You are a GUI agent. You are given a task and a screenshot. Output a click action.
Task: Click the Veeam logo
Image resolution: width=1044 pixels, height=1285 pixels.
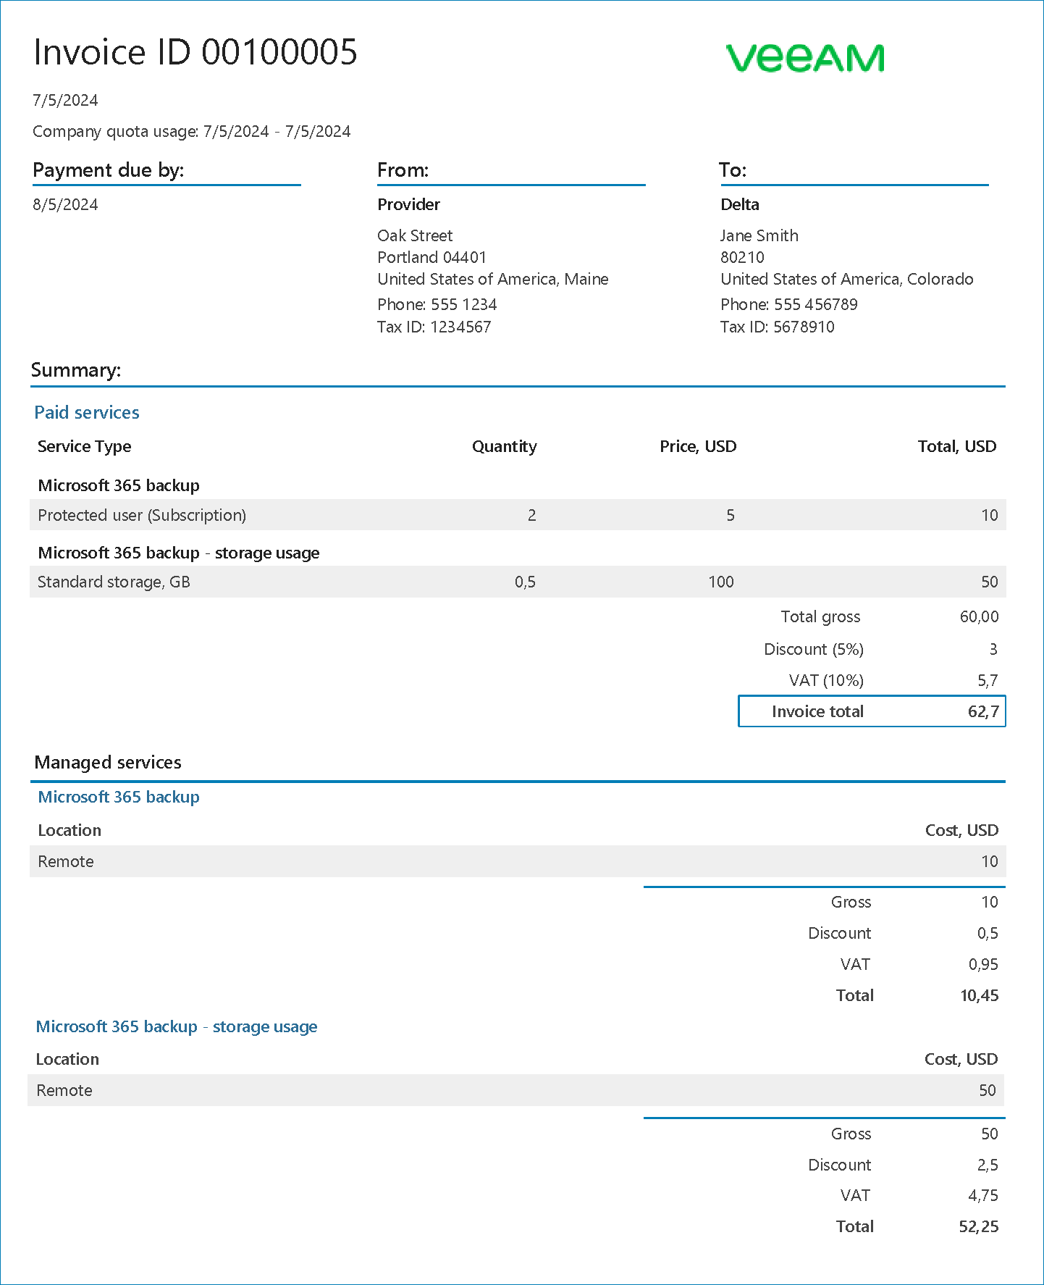[804, 58]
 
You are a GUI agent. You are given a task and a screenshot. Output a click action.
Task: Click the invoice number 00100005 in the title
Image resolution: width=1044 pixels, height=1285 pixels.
[279, 52]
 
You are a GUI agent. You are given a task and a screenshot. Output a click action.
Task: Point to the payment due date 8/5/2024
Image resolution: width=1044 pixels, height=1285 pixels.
[65, 204]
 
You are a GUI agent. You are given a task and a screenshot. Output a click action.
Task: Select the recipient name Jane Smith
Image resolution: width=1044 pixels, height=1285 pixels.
[759, 235]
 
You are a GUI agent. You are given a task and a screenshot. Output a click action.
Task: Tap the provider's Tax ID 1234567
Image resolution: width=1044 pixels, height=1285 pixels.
[460, 327]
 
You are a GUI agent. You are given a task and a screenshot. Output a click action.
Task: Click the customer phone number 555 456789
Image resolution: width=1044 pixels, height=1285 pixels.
[815, 304]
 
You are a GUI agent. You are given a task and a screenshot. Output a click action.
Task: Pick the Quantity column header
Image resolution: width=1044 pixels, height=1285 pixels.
[504, 446]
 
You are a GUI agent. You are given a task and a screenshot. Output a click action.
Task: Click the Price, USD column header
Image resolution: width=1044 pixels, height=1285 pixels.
[697, 446]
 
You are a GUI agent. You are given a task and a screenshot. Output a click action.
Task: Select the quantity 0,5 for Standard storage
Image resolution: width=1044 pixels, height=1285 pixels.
[525, 582]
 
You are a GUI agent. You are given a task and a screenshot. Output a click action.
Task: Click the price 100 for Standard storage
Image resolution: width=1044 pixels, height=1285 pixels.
[721, 582]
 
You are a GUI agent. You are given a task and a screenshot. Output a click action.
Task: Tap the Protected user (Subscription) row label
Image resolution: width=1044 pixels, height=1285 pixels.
[142, 515]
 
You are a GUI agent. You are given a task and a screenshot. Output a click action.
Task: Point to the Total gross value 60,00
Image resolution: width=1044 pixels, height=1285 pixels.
[979, 616]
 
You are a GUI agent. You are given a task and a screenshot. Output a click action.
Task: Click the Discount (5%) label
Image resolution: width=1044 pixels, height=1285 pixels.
[813, 649]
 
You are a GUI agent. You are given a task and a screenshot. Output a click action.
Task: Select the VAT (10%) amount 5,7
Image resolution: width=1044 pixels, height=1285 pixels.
[988, 680]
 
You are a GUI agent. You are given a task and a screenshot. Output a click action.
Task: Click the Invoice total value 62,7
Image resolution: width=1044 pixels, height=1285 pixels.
[983, 711]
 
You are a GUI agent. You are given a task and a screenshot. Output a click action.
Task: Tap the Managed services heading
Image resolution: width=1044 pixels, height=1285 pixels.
[108, 762]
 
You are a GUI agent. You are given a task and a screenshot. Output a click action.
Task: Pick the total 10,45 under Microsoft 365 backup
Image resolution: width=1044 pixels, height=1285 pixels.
[979, 995]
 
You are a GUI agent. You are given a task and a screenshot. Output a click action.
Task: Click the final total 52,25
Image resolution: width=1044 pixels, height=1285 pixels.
[978, 1226]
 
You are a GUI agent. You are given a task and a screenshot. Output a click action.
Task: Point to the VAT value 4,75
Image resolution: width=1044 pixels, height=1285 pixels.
[982, 1195]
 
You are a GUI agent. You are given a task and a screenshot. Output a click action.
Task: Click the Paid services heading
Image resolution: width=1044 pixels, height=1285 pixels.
[87, 412]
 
